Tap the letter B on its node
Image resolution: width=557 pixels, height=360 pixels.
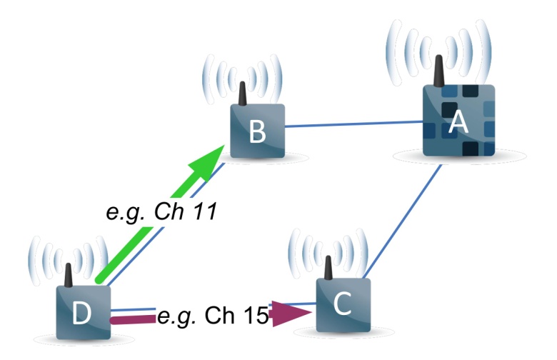point(258,131)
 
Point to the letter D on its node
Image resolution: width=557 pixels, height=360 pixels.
point(82,314)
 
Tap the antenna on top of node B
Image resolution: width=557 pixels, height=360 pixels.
point(242,93)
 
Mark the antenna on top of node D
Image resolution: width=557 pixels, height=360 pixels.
point(69,275)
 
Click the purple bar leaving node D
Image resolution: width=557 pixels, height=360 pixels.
point(132,319)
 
